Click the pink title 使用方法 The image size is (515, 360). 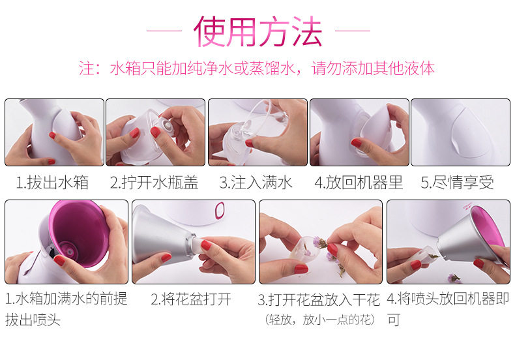[257, 31]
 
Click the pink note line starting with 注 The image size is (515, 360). [256, 68]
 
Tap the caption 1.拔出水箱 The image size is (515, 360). [53, 183]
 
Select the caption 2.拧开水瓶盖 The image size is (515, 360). [154, 183]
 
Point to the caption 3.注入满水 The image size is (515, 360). [256, 183]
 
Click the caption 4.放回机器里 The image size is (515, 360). [359, 183]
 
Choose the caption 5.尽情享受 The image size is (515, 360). [458, 183]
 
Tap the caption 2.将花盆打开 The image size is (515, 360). [191, 299]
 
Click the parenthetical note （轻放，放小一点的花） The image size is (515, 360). [320, 320]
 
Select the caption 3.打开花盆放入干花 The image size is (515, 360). [319, 299]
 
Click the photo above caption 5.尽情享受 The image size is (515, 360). [460, 132]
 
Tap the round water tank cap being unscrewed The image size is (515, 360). [166, 124]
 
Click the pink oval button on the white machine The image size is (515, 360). [220, 210]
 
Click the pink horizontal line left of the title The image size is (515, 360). [164, 31]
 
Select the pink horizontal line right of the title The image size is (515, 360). [353, 31]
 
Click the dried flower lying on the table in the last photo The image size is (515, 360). [454, 278]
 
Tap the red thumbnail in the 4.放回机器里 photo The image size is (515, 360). [357, 143]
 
